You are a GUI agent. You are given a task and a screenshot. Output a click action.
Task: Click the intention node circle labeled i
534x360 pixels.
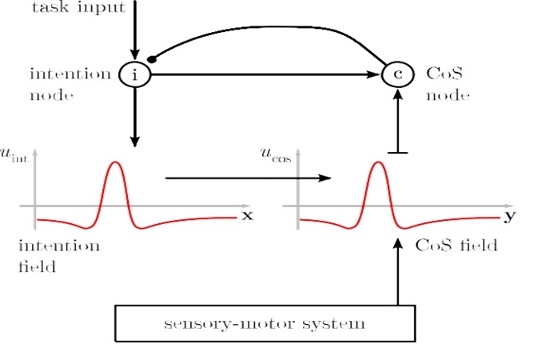[134, 75]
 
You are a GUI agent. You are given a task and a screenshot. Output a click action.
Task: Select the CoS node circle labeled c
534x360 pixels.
[397, 75]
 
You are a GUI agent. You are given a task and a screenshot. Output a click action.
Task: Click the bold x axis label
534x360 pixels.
[246, 216]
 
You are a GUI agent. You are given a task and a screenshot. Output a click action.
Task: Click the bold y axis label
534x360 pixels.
[509, 216]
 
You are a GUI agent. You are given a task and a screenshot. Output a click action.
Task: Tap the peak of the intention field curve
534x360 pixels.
[116, 163]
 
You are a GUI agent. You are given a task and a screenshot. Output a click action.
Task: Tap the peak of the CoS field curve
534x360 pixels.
[378, 163]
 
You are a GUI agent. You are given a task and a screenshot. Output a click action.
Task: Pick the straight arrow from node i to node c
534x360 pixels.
[264, 75]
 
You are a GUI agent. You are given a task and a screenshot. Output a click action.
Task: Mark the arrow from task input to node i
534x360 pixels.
[134, 32]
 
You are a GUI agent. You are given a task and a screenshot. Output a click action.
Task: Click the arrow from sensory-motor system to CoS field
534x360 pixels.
[397, 272]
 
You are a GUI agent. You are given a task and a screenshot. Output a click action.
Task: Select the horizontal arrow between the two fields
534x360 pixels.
[248, 177]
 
